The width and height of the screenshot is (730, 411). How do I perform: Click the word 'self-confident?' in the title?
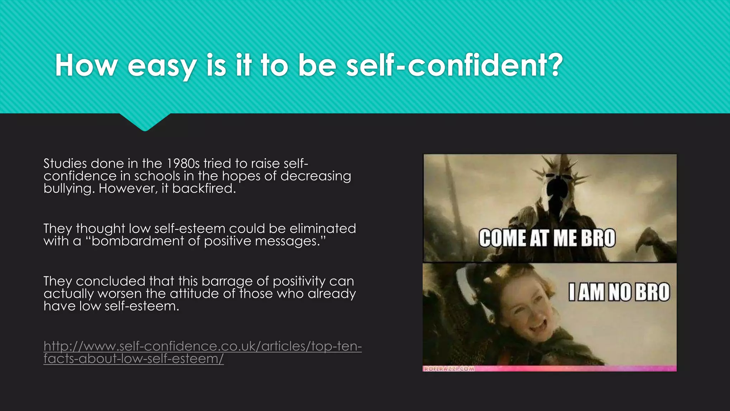454,65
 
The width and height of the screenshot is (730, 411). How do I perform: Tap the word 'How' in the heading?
86,65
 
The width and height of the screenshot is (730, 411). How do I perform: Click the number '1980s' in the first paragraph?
183,163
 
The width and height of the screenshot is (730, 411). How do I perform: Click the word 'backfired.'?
204,188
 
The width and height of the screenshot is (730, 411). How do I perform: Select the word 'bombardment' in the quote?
138,241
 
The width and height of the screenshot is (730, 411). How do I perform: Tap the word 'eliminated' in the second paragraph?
323,228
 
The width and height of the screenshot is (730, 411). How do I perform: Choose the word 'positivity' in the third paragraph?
299,281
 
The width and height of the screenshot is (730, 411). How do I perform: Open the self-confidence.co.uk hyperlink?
202,346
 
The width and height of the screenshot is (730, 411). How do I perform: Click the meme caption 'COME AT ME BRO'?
547,238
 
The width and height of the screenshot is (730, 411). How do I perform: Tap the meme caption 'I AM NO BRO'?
619,292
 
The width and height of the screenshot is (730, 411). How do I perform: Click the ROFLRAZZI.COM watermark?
448,369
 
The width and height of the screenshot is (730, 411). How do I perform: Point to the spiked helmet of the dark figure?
556,186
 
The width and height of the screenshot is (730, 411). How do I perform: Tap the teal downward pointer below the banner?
145,122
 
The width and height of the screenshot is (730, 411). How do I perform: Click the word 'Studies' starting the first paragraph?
65,163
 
